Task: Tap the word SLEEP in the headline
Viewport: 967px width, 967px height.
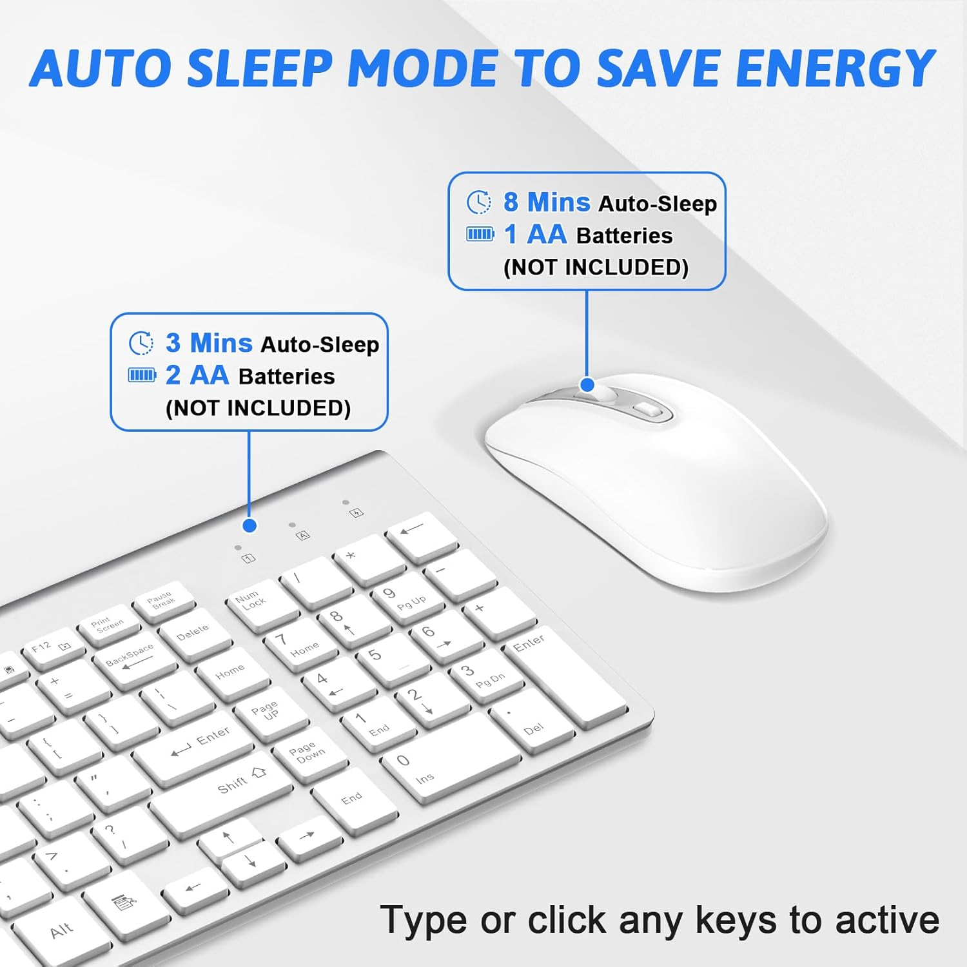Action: tap(260, 68)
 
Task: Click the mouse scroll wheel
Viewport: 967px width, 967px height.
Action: tap(607, 394)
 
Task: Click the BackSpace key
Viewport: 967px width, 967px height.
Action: tap(131, 658)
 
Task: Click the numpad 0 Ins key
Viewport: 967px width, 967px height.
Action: tap(445, 761)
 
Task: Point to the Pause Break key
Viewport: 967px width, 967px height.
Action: tap(162, 600)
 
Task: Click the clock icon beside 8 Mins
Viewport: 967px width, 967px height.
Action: tap(478, 202)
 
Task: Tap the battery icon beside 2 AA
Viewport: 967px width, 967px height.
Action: tap(142, 375)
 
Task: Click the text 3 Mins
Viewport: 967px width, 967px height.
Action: tap(208, 343)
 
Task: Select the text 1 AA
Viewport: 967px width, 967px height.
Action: tap(534, 234)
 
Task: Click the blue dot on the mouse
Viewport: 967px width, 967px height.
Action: tap(587, 385)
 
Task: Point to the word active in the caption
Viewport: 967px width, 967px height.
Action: tap(887, 920)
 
